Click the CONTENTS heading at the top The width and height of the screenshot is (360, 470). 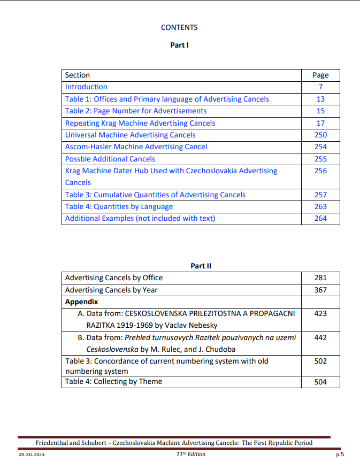tap(179, 27)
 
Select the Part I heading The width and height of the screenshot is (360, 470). tap(179, 45)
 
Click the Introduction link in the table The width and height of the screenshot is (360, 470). tap(86, 87)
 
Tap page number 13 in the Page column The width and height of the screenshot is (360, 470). tap(320, 99)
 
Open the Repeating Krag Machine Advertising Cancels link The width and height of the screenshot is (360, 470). tap(140, 123)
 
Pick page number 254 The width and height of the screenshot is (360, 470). tap(320, 147)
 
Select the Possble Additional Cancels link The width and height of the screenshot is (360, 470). tap(110, 159)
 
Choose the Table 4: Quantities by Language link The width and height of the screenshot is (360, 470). tap(119, 206)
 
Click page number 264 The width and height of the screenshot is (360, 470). tap(320, 218)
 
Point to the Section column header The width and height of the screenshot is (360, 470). tap(78, 75)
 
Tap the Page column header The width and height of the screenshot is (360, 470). tap(320, 75)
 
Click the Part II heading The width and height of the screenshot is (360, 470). tap(201, 266)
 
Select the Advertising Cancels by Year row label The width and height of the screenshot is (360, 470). tap(111, 290)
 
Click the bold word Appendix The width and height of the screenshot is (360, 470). tap(81, 302)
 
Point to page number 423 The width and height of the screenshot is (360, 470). tap(320, 313)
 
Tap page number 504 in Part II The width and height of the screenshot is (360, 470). tap(320, 382)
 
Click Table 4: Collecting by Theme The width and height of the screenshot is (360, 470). tap(113, 381)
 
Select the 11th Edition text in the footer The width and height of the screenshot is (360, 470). tap(190, 454)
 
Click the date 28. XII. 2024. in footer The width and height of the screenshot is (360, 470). tap(32, 454)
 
